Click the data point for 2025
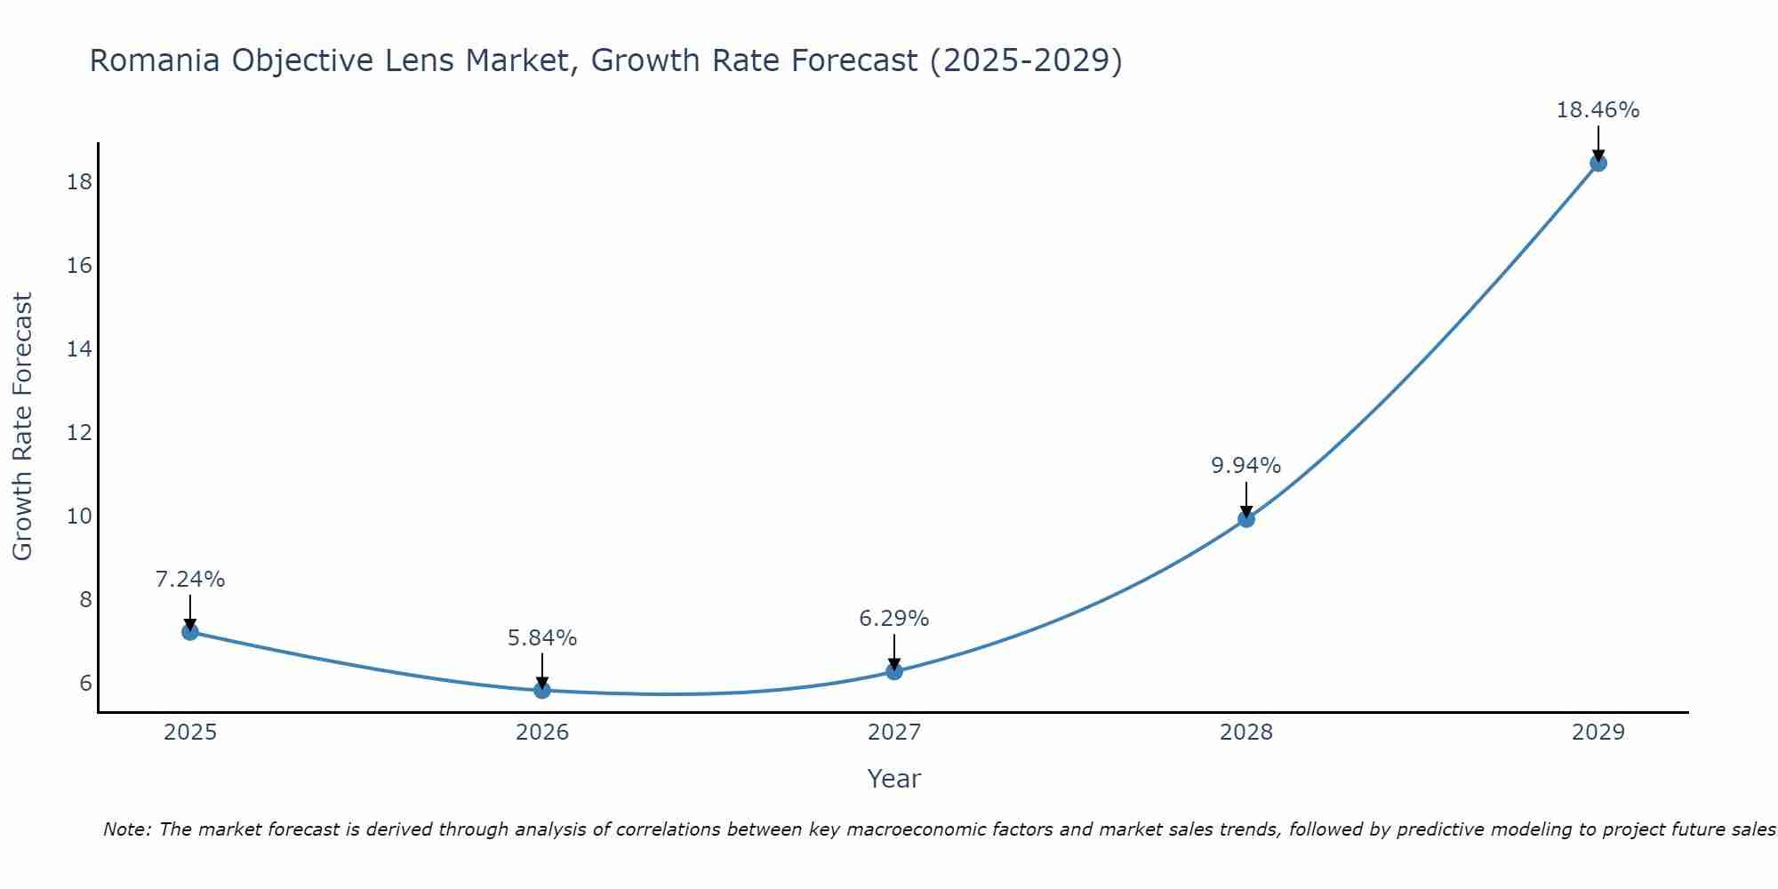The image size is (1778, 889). (189, 632)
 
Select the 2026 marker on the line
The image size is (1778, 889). (542, 690)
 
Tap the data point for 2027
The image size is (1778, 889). (894, 671)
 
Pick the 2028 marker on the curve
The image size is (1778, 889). (1246, 519)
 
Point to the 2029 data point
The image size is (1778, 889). (1598, 164)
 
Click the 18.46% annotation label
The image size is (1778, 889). (1598, 110)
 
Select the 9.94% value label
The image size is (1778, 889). (1245, 466)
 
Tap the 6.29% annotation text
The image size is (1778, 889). (893, 619)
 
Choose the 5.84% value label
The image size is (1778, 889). (542, 638)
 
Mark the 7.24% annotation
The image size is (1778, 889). (190, 580)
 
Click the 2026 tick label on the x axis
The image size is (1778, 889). (542, 733)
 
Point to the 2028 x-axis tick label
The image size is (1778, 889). (1246, 733)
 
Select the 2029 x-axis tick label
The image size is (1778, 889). (1598, 733)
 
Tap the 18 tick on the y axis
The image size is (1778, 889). (79, 182)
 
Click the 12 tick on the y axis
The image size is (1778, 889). (79, 433)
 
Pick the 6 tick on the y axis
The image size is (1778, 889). (85, 683)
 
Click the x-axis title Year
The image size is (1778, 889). (893, 779)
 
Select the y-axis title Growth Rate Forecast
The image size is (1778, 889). (23, 427)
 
